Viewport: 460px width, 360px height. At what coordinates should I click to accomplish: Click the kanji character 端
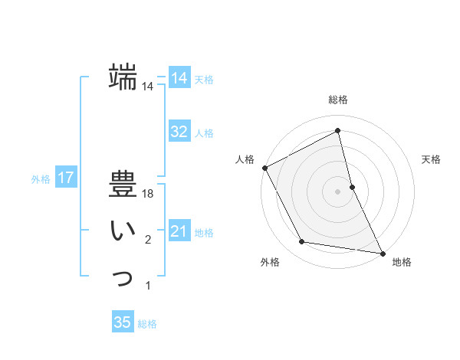pyautogui.click(x=123, y=77)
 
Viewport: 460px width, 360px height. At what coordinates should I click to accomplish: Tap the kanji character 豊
pyautogui.click(x=123, y=184)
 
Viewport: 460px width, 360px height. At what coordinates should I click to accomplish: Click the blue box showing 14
pyautogui.click(x=179, y=79)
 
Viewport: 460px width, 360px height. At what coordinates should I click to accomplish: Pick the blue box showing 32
pyautogui.click(x=179, y=132)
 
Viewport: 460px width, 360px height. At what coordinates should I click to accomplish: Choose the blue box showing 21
pyautogui.click(x=179, y=231)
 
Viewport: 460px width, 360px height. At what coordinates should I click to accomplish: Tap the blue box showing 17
pyautogui.click(x=66, y=178)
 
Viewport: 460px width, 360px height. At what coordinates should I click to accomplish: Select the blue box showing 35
pyautogui.click(x=123, y=322)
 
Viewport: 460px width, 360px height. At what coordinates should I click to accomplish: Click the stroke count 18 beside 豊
pyautogui.click(x=149, y=194)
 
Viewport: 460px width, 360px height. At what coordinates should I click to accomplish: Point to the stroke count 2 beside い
pyautogui.click(x=148, y=241)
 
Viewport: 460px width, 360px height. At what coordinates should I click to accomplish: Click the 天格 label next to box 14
pyautogui.click(x=204, y=80)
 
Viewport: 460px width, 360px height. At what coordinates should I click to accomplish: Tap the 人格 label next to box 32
pyautogui.click(x=204, y=133)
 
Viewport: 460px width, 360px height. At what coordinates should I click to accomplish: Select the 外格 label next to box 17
pyautogui.click(x=41, y=179)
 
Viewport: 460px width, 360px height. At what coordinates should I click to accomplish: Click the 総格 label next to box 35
pyautogui.click(x=147, y=323)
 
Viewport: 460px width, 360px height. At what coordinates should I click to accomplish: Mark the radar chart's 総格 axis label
pyautogui.click(x=337, y=100)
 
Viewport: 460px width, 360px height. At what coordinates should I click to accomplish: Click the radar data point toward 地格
pyautogui.click(x=382, y=253)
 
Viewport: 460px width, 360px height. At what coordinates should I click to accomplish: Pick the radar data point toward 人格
pyautogui.click(x=264, y=168)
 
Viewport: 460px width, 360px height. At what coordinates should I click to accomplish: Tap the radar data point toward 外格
pyautogui.click(x=302, y=242)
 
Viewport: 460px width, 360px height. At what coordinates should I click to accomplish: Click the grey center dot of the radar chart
pyautogui.click(x=337, y=191)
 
